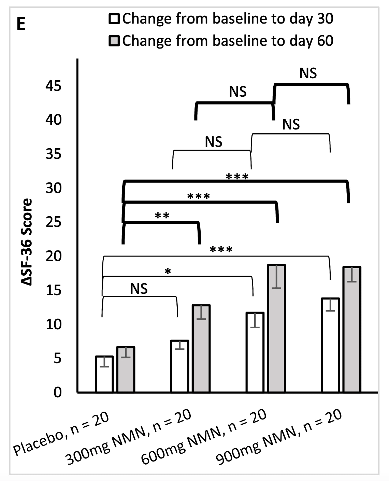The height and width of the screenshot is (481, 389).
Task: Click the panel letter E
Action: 21,25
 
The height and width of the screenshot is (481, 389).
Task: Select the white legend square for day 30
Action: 114,19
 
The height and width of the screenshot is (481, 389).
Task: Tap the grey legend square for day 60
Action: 114,41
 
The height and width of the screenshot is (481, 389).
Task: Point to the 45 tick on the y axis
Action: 54,86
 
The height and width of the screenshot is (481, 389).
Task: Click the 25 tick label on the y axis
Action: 54,222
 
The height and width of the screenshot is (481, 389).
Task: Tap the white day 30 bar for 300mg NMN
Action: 179,367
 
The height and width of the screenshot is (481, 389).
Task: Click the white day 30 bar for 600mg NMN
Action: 255,353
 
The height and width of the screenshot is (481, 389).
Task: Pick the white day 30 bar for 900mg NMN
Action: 330,345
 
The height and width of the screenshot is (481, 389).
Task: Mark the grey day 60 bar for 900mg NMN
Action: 352,330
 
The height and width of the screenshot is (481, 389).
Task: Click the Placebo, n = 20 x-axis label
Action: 62,434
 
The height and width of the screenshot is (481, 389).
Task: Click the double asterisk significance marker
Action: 162,216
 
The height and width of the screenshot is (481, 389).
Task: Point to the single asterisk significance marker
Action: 168,272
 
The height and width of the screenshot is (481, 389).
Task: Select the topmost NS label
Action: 308,73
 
